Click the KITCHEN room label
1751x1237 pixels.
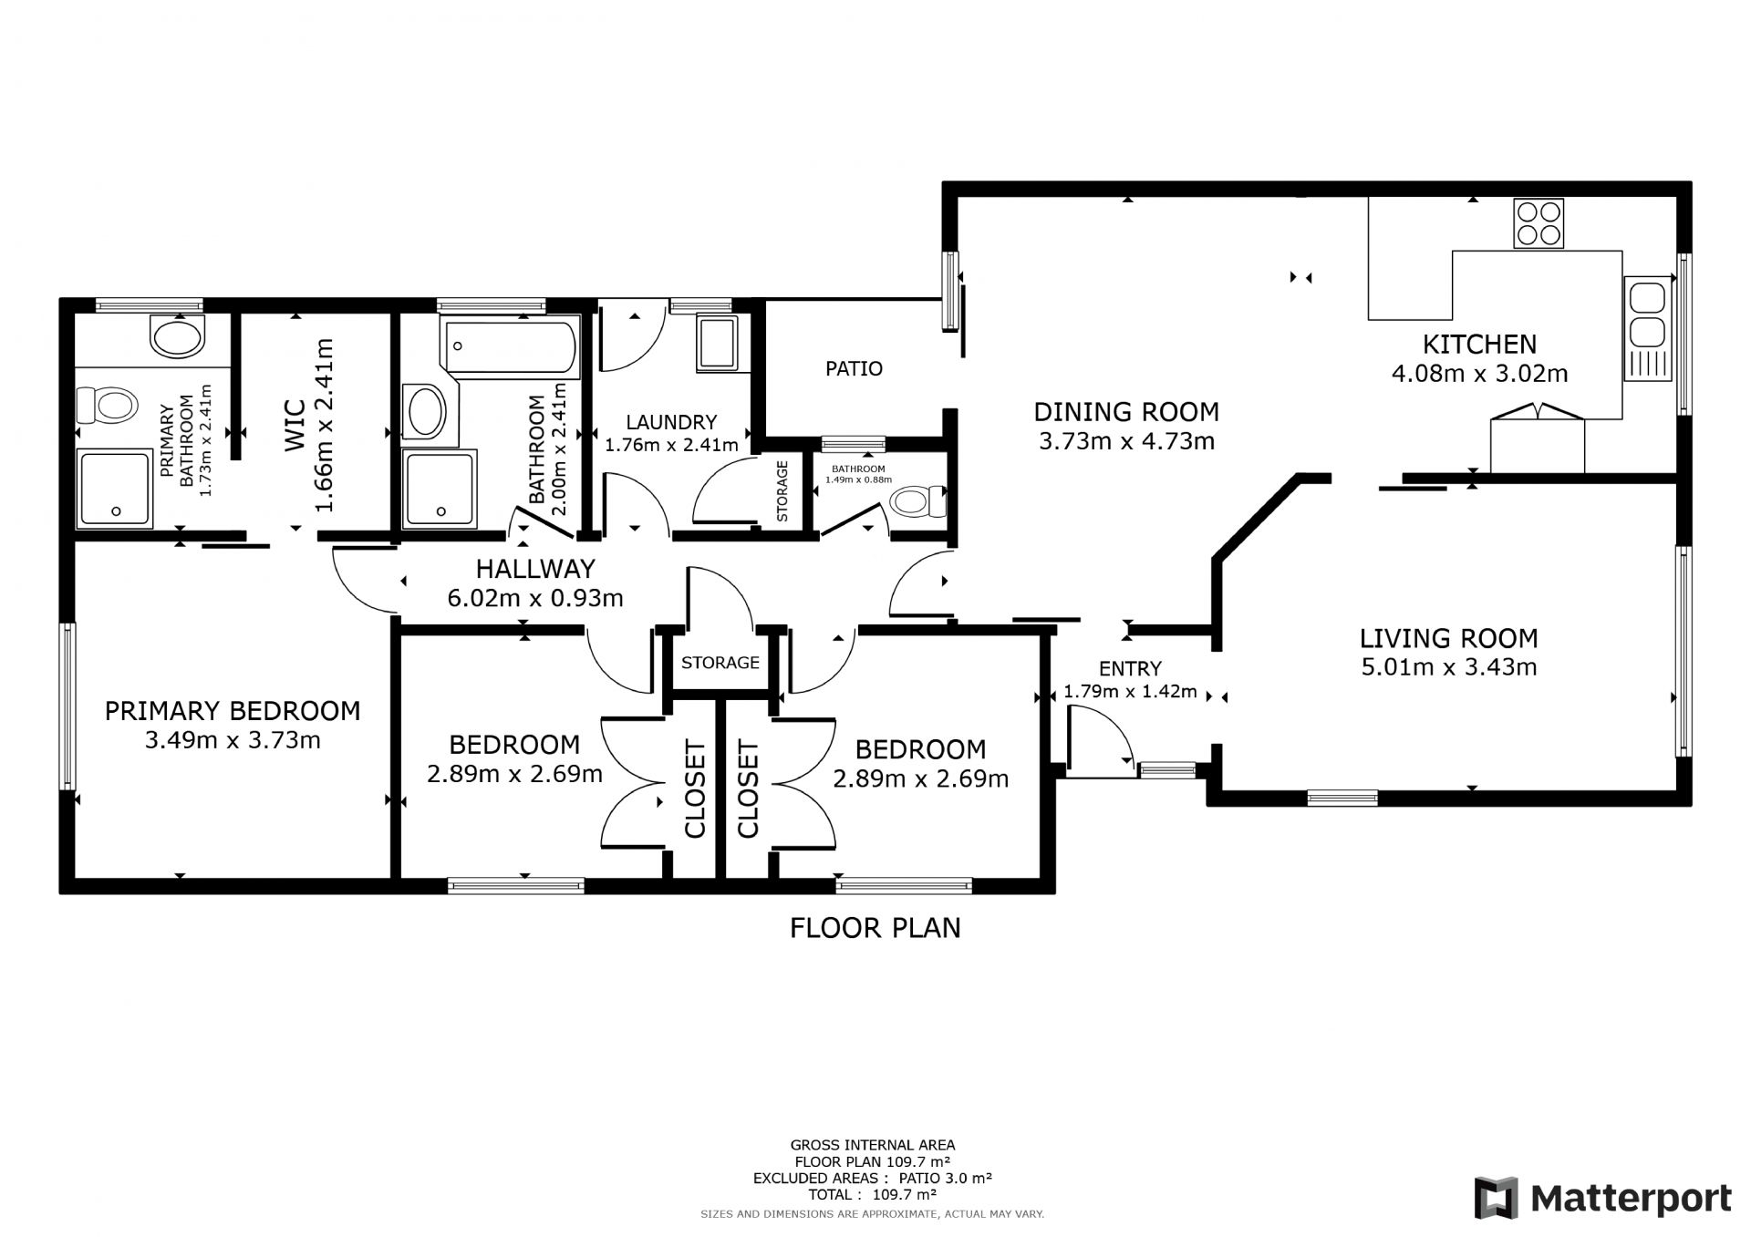(1479, 344)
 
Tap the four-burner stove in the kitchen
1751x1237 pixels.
(1539, 223)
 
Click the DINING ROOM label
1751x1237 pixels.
(1126, 412)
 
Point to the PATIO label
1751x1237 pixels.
(854, 368)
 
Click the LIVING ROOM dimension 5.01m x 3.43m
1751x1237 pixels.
(1449, 667)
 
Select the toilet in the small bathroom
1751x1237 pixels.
(918, 501)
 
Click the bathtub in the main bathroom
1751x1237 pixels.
(510, 346)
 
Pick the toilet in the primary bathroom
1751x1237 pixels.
(106, 402)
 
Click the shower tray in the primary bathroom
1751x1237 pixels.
(114, 488)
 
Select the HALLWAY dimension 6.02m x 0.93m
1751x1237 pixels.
(535, 599)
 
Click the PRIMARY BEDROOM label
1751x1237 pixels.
(233, 710)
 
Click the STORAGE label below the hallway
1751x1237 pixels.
(720, 663)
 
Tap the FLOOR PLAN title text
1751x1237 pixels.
(875, 928)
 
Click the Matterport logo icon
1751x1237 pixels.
(1497, 1198)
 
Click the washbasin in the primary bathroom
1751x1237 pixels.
(178, 336)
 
